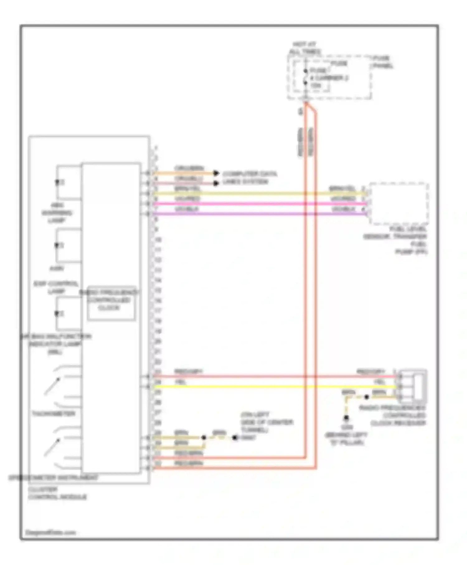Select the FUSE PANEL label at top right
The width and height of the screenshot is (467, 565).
(x=382, y=62)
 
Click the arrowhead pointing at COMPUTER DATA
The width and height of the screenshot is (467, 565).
(x=216, y=173)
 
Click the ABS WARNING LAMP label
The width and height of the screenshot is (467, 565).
(x=57, y=213)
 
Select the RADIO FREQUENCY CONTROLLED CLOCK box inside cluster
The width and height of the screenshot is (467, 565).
(x=111, y=303)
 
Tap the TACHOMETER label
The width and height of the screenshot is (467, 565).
(x=54, y=414)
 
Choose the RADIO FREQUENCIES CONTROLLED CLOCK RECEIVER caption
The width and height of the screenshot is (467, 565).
(x=393, y=415)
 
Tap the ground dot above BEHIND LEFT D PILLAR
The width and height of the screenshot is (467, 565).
(x=346, y=418)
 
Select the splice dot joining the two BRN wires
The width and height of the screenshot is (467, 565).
(x=204, y=437)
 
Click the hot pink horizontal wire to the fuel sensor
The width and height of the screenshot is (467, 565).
(x=258, y=204)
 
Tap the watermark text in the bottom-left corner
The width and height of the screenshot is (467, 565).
(x=50, y=532)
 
